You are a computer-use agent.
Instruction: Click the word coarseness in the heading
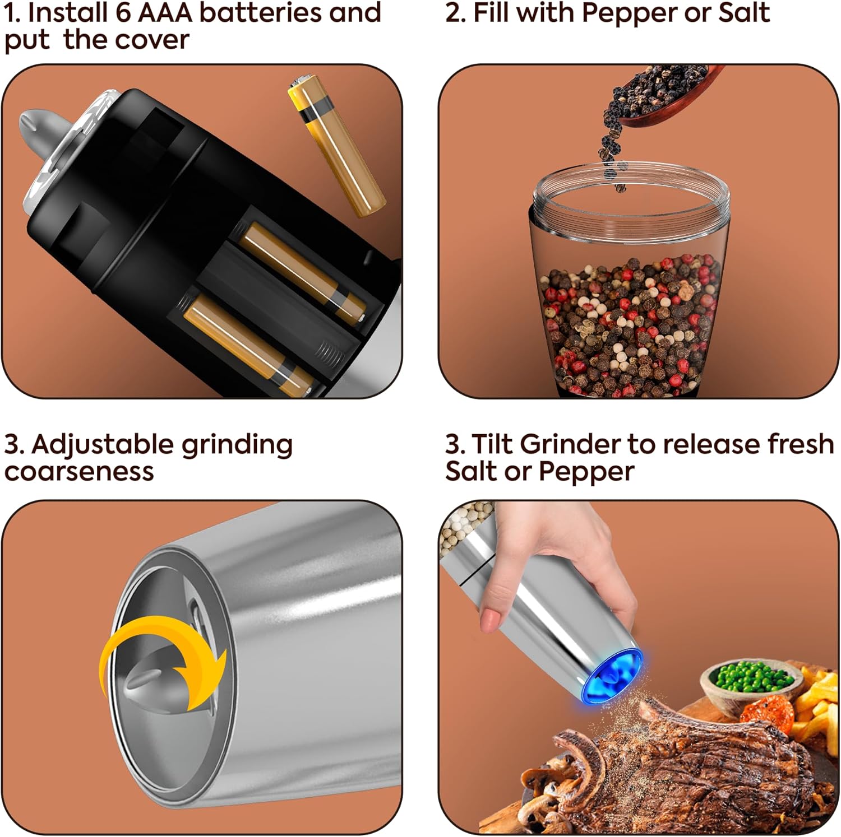tap(79, 471)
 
